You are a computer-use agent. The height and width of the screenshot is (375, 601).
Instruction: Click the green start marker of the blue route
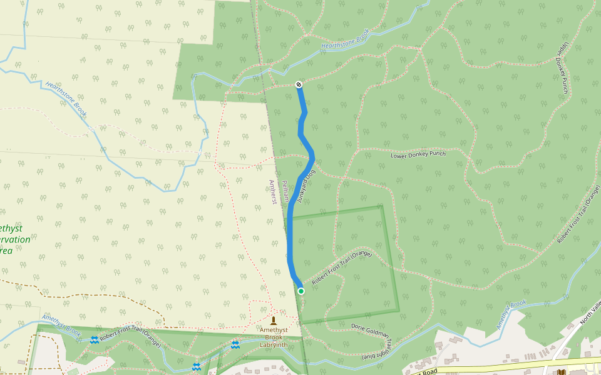[x=301, y=291]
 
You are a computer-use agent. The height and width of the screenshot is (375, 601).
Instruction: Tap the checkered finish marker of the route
[x=299, y=84]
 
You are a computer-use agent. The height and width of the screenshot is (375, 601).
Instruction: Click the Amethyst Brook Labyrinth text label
[x=274, y=337]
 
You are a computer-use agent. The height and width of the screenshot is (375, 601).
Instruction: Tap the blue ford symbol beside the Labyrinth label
[x=235, y=344]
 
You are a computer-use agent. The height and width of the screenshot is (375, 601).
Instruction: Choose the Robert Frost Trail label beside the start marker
[x=342, y=267]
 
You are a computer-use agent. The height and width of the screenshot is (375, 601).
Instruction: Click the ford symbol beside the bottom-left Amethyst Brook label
[x=94, y=339]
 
